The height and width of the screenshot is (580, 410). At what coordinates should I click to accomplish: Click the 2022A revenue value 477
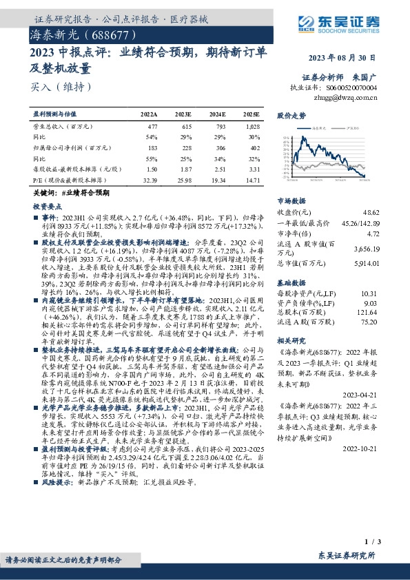point(153,128)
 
